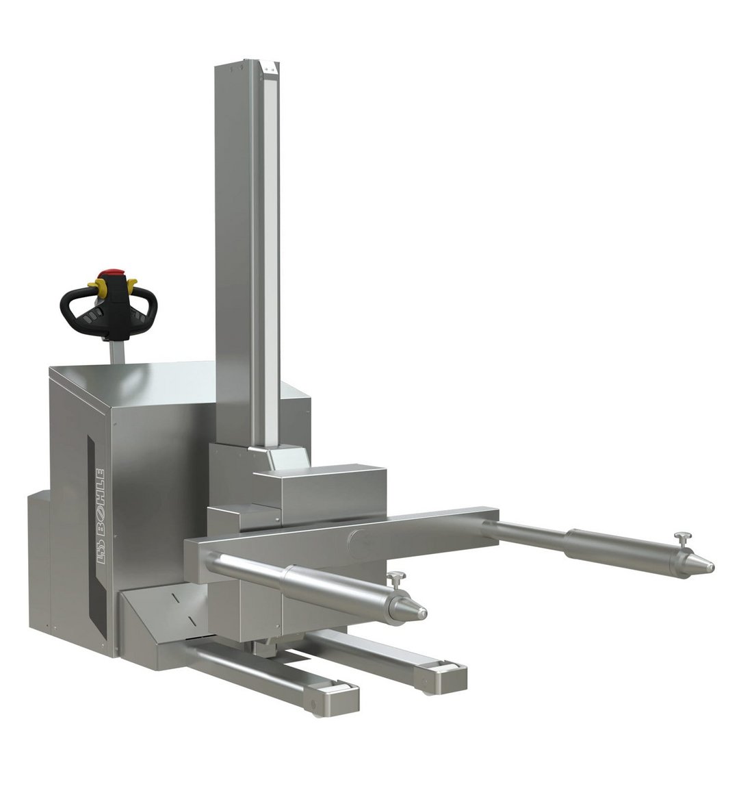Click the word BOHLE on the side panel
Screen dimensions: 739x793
(100, 500)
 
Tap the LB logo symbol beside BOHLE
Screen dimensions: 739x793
(100, 547)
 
